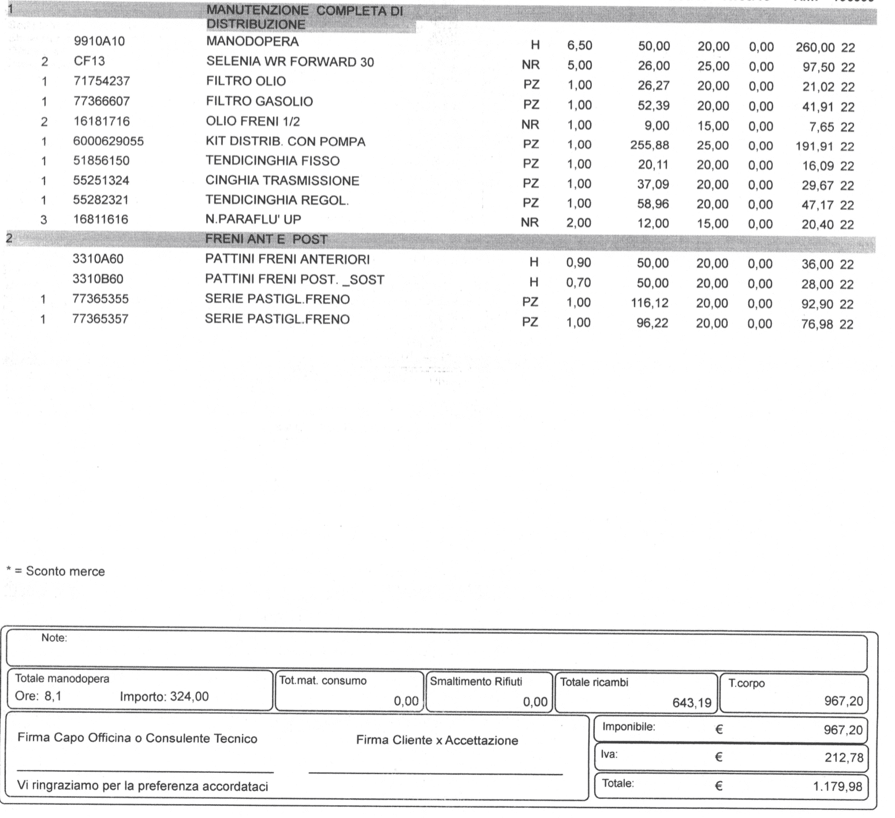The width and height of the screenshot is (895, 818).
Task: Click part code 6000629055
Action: point(109,142)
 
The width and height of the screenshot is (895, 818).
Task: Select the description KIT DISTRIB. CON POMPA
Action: point(285,142)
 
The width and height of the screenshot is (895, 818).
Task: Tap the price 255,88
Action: point(650,145)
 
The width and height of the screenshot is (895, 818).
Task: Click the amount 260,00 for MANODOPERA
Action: point(815,47)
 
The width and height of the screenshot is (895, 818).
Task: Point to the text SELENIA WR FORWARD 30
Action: point(290,62)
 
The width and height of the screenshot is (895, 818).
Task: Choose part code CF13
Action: point(89,61)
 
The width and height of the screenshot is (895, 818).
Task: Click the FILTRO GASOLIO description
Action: point(259,102)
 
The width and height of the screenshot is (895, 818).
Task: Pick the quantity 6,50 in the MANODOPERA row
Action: point(579,46)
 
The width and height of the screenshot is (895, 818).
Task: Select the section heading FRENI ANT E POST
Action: point(266,239)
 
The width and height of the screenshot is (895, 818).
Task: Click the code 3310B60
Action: point(98,279)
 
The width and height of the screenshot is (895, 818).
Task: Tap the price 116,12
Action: point(650,303)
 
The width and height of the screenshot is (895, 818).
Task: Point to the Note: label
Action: point(54,638)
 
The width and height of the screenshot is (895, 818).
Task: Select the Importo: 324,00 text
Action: point(164,697)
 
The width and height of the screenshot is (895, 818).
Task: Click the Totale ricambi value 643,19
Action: point(692,703)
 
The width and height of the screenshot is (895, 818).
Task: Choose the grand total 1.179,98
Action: point(837,786)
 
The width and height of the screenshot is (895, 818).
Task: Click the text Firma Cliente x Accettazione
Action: point(437,741)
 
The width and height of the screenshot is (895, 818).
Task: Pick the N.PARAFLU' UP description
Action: point(253,220)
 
